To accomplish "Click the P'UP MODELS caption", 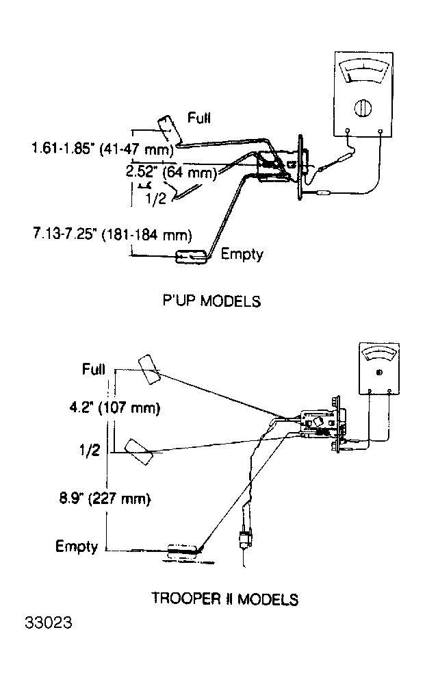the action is (211, 301).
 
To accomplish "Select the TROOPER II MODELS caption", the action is (225, 599).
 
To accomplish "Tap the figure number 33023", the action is (49, 622).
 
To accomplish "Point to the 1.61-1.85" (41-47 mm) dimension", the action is (103, 149).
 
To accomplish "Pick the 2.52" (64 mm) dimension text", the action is (171, 172).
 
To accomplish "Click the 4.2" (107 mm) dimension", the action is (115, 407).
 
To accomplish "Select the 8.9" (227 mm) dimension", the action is (105, 499).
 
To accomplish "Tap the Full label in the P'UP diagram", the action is (199, 118).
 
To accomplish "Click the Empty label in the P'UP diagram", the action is (242, 253).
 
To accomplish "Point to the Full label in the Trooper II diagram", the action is (94, 369).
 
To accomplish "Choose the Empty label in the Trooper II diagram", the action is (77, 546).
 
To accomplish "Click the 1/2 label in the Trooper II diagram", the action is (90, 450).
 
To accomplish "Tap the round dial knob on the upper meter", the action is (363, 108).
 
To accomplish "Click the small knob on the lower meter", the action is (380, 373).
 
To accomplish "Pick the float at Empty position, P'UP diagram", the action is (191, 257).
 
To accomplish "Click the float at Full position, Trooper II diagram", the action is (149, 370).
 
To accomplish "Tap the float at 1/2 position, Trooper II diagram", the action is (139, 452).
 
